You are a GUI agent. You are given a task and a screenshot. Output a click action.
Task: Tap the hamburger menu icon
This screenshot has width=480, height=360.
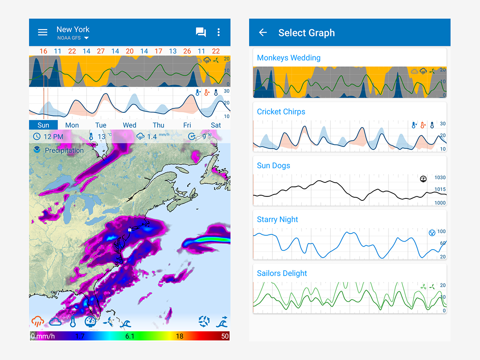point(43,32)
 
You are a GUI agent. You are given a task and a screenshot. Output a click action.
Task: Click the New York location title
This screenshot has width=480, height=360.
point(73,29)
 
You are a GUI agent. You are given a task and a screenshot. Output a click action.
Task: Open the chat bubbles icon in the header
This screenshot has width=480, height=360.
point(201,32)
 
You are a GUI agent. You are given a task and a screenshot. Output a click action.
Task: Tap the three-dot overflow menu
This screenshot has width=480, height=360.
point(218,32)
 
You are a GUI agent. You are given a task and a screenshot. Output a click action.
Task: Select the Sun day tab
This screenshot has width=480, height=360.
point(43,125)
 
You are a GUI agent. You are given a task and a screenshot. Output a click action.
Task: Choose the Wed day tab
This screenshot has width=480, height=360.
point(129,125)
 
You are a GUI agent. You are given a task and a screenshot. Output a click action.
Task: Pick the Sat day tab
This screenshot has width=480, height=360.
point(216,125)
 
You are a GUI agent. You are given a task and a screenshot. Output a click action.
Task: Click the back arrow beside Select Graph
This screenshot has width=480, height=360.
point(263,33)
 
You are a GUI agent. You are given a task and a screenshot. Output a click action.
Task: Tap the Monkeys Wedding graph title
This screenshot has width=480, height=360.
point(288,58)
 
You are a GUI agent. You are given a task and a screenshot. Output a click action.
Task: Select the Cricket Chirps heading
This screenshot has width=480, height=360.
point(281,112)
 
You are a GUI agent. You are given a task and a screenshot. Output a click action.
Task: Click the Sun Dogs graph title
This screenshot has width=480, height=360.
point(273,166)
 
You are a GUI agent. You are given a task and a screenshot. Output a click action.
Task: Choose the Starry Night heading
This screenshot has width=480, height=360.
point(278,219)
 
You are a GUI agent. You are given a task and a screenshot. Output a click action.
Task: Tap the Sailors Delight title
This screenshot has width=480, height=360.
point(282,273)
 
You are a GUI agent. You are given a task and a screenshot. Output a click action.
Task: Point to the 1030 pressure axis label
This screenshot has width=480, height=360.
point(440,178)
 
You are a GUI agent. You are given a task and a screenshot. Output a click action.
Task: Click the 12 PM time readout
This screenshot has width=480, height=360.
point(53,137)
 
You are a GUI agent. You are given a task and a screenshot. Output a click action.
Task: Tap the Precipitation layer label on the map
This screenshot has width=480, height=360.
point(64,150)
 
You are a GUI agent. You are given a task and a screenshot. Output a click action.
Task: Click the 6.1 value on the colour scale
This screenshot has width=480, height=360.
point(130,336)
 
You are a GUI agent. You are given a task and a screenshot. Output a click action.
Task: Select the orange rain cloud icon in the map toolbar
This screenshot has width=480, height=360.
point(38,321)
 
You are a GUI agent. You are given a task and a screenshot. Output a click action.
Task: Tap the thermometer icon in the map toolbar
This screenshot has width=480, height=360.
point(73,322)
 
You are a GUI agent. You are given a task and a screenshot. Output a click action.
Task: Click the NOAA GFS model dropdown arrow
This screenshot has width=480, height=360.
point(86,38)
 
